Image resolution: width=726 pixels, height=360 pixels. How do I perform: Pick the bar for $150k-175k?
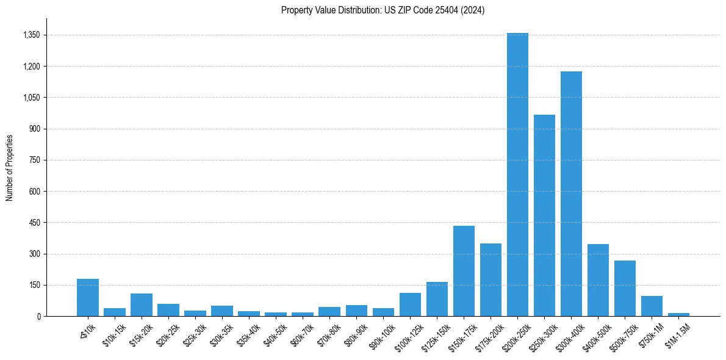(464, 271)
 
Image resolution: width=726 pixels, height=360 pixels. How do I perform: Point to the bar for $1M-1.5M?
(678, 314)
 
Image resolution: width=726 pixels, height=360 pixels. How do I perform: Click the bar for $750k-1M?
(652, 306)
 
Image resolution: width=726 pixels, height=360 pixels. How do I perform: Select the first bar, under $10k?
(88, 298)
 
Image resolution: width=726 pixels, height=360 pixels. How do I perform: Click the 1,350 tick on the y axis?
(31, 35)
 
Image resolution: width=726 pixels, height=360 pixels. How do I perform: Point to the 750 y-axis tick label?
(34, 160)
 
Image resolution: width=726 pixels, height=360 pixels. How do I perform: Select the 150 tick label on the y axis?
(34, 285)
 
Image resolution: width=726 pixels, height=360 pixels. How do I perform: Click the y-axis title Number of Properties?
(10, 167)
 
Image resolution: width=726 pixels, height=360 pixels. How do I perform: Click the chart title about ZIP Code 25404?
(383, 10)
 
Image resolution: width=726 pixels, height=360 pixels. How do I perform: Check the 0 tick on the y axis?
(38, 316)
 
